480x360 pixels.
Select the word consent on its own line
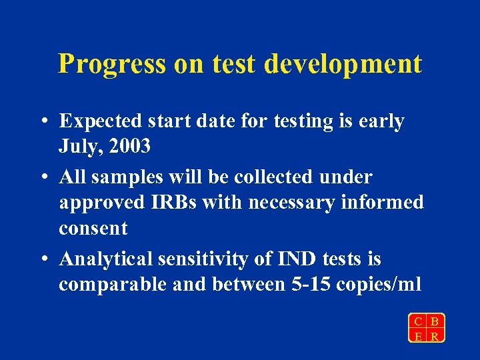(x=93, y=228)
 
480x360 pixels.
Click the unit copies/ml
(x=379, y=285)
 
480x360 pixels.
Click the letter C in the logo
(x=418, y=321)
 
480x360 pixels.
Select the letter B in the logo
(x=435, y=321)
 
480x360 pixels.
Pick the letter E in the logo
(x=418, y=335)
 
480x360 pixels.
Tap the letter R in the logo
(x=435, y=335)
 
